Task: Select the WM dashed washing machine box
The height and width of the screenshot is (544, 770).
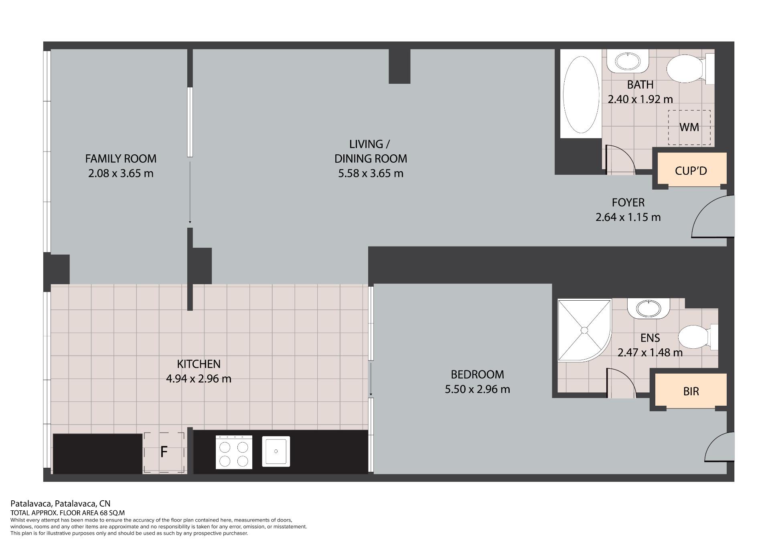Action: coord(689,127)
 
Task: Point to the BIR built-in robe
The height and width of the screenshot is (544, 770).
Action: coord(691,390)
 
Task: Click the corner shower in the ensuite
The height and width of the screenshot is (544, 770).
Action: coord(584,330)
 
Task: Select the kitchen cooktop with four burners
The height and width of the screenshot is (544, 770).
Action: coord(234,452)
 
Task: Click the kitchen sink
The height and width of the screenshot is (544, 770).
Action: coord(276,451)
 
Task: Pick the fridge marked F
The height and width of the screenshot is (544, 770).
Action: coord(164,453)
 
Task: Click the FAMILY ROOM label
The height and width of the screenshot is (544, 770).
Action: coord(121,159)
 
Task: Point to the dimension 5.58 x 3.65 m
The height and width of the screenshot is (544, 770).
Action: coord(371,174)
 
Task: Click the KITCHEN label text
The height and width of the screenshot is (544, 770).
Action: coord(199,364)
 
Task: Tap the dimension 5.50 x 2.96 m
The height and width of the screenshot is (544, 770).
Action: coord(477,389)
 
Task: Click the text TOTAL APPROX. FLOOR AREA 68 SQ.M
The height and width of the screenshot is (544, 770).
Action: coord(67,513)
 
